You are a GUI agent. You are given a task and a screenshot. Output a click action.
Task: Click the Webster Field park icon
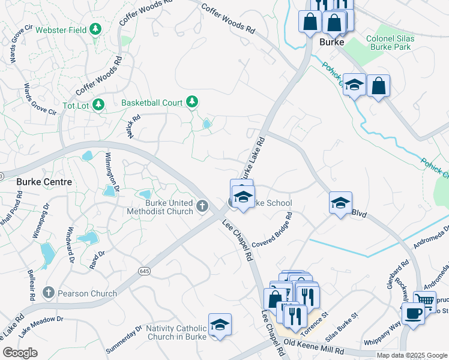click(95, 29)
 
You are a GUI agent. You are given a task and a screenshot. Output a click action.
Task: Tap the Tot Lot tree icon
click(98, 104)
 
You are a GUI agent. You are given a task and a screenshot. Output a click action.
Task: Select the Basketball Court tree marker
click(192, 103)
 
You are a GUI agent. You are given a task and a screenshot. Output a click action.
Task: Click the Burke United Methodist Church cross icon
click(202, 208)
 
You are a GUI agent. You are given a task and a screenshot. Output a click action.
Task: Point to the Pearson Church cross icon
click(49, 293)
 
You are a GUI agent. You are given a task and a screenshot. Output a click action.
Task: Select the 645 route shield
click(145, 271)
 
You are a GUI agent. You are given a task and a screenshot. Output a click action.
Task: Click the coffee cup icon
click(413, 313)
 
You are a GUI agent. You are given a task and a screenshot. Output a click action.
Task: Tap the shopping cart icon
click(425, 301)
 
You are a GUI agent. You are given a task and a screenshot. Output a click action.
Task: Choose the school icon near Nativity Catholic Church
click(220, 325)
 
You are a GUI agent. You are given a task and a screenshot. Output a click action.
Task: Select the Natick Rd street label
click(133, 127)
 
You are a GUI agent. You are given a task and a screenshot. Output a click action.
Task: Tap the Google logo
click(20, 353)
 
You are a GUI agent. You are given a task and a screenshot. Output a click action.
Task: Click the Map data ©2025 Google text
click(411, 355)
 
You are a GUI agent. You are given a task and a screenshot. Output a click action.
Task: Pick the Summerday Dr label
click(122, 339)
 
